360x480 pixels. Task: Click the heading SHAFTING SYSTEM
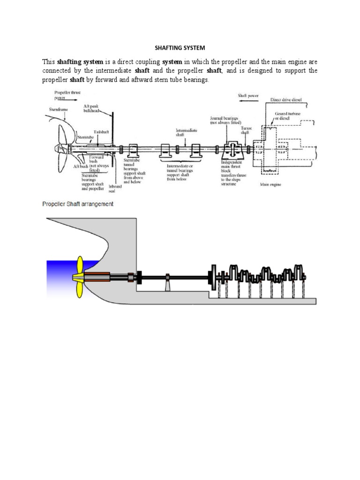pos(180,48)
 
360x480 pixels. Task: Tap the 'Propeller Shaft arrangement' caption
pos(78,204)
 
